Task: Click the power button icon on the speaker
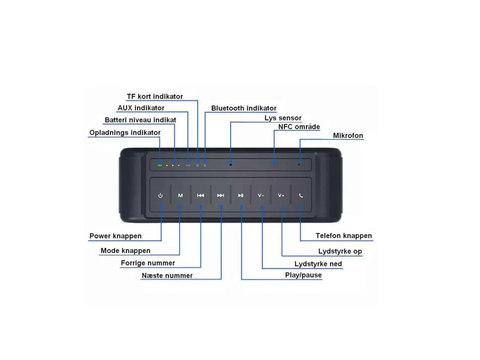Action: tap(160, 195)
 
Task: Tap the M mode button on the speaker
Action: tap(180, 195)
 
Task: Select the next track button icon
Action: tap(220, 195)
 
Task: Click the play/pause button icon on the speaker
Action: tap(241, 195)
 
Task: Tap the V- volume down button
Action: tap(261, 195)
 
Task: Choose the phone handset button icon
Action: tap(301, 195)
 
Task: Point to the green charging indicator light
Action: tap(160, 165)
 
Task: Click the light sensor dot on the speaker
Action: tap(231, 165)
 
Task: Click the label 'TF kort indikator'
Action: tap(155, 96)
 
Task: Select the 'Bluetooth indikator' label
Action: tap(244, 108)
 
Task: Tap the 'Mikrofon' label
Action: tap(348, 135)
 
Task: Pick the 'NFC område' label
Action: tap(299, 127)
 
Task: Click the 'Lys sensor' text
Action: tap(283, 118)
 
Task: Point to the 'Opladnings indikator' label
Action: tap(125, 132)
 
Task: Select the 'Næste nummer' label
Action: tap(167, 275)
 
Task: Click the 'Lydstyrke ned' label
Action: tap(318, 264)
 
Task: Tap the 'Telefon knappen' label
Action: tap(343, 235)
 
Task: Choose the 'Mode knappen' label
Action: tap(125, 250)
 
